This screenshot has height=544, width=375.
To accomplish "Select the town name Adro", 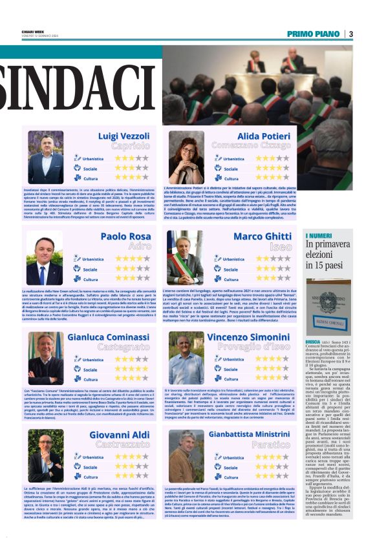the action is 140,247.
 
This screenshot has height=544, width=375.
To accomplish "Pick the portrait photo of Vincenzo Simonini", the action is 186,367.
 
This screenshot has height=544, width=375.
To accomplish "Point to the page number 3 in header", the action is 350,34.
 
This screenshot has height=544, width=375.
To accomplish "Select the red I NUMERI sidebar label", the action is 319,236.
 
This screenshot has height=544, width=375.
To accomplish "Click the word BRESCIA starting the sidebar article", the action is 313,340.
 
